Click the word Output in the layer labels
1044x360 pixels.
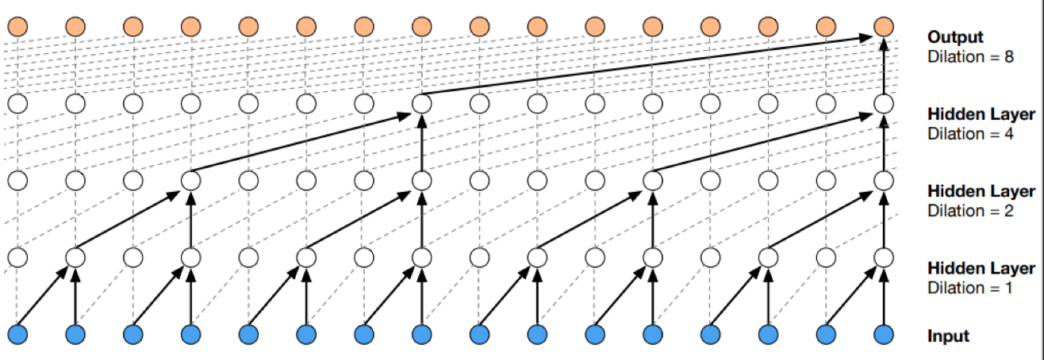(955, 37)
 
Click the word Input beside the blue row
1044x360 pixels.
(948, 336)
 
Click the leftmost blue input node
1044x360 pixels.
(17, 335)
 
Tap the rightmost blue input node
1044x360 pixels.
(884, 335)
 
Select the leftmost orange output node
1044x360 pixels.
(17, 27)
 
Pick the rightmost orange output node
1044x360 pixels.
(884, 27)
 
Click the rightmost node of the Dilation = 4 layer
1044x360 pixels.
(884, 104)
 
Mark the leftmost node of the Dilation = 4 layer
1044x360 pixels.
(17, 104)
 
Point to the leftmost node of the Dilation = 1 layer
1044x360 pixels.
(17, 258)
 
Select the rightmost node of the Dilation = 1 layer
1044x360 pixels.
(884, 258)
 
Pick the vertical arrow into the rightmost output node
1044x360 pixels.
(884, 67)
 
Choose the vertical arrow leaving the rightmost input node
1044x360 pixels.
(884, 298)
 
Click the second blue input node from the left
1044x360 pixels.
(75, 335)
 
